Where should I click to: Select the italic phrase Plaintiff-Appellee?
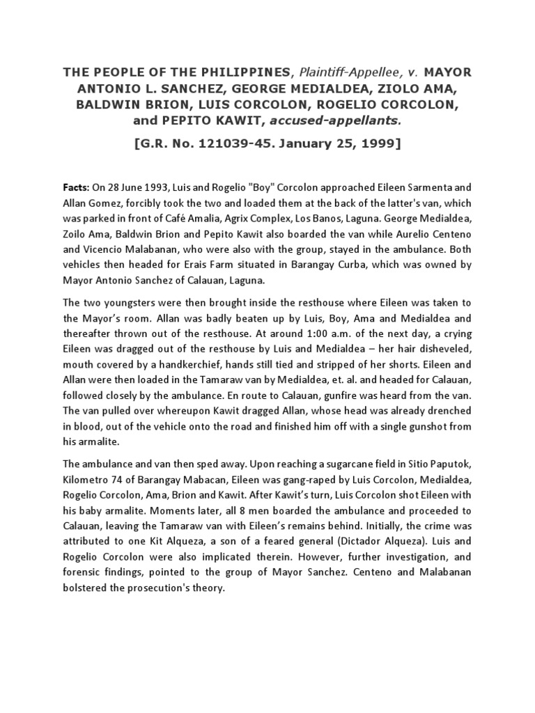tap(336, 72)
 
